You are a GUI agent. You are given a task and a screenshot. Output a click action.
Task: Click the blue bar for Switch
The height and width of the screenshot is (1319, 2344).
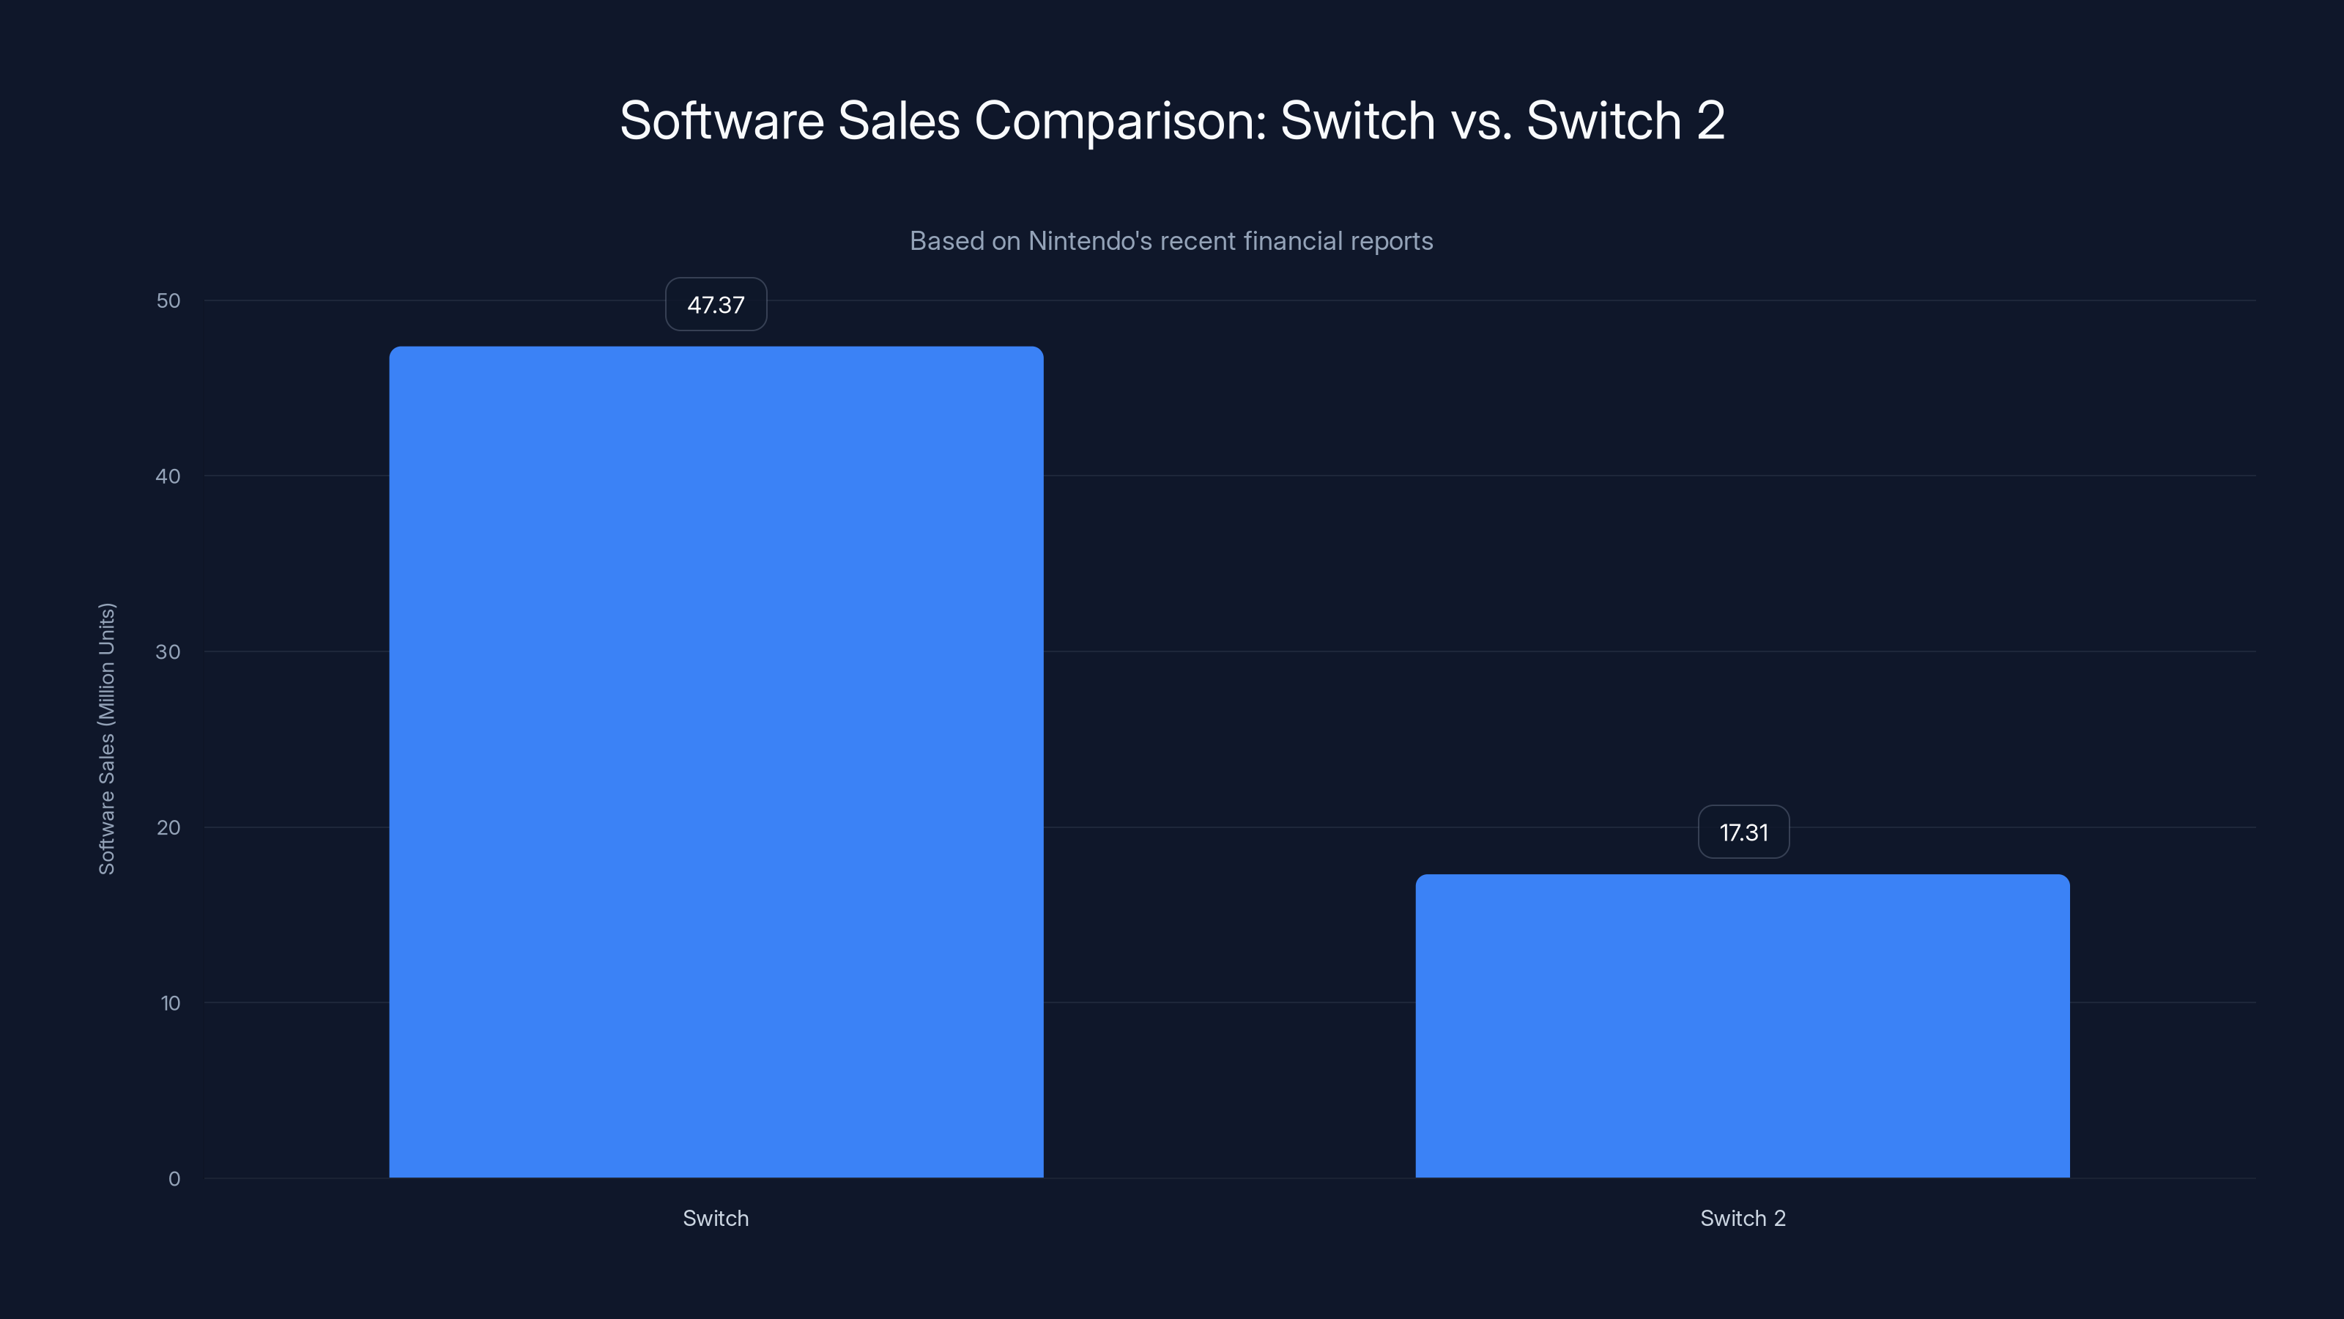716,761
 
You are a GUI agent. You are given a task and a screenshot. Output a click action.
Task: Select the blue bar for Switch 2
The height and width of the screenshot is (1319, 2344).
1743,1026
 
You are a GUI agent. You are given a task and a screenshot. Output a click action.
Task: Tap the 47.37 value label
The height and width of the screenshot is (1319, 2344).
716,305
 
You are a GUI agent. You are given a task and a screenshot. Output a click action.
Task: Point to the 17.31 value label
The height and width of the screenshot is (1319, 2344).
1743,833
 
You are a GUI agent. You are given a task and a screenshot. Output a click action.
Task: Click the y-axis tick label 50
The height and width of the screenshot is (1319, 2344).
168,300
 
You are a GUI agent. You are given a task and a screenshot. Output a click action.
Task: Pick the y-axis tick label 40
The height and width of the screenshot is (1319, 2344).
168,476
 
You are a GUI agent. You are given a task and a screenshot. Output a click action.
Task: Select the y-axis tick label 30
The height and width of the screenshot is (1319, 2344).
168,651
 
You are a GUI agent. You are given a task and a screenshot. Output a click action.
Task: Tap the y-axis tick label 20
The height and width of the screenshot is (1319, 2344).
168,827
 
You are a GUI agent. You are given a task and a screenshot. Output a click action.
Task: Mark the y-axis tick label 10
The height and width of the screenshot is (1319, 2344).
170,1003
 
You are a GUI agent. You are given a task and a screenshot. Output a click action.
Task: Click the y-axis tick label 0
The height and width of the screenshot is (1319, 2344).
174,1179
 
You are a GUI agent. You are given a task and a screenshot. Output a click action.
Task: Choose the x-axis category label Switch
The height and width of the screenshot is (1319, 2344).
716,1218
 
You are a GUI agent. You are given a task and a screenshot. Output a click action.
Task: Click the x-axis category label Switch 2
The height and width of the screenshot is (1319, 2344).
1743,1218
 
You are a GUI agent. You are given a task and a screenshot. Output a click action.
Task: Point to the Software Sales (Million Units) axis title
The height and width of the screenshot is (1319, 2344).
106,738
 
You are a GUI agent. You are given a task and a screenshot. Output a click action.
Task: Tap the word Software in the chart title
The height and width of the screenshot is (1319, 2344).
722,121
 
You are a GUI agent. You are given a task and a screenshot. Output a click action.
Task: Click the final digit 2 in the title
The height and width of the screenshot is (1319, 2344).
1710,121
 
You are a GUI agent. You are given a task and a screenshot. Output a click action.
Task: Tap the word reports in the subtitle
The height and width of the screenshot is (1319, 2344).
1392,241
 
